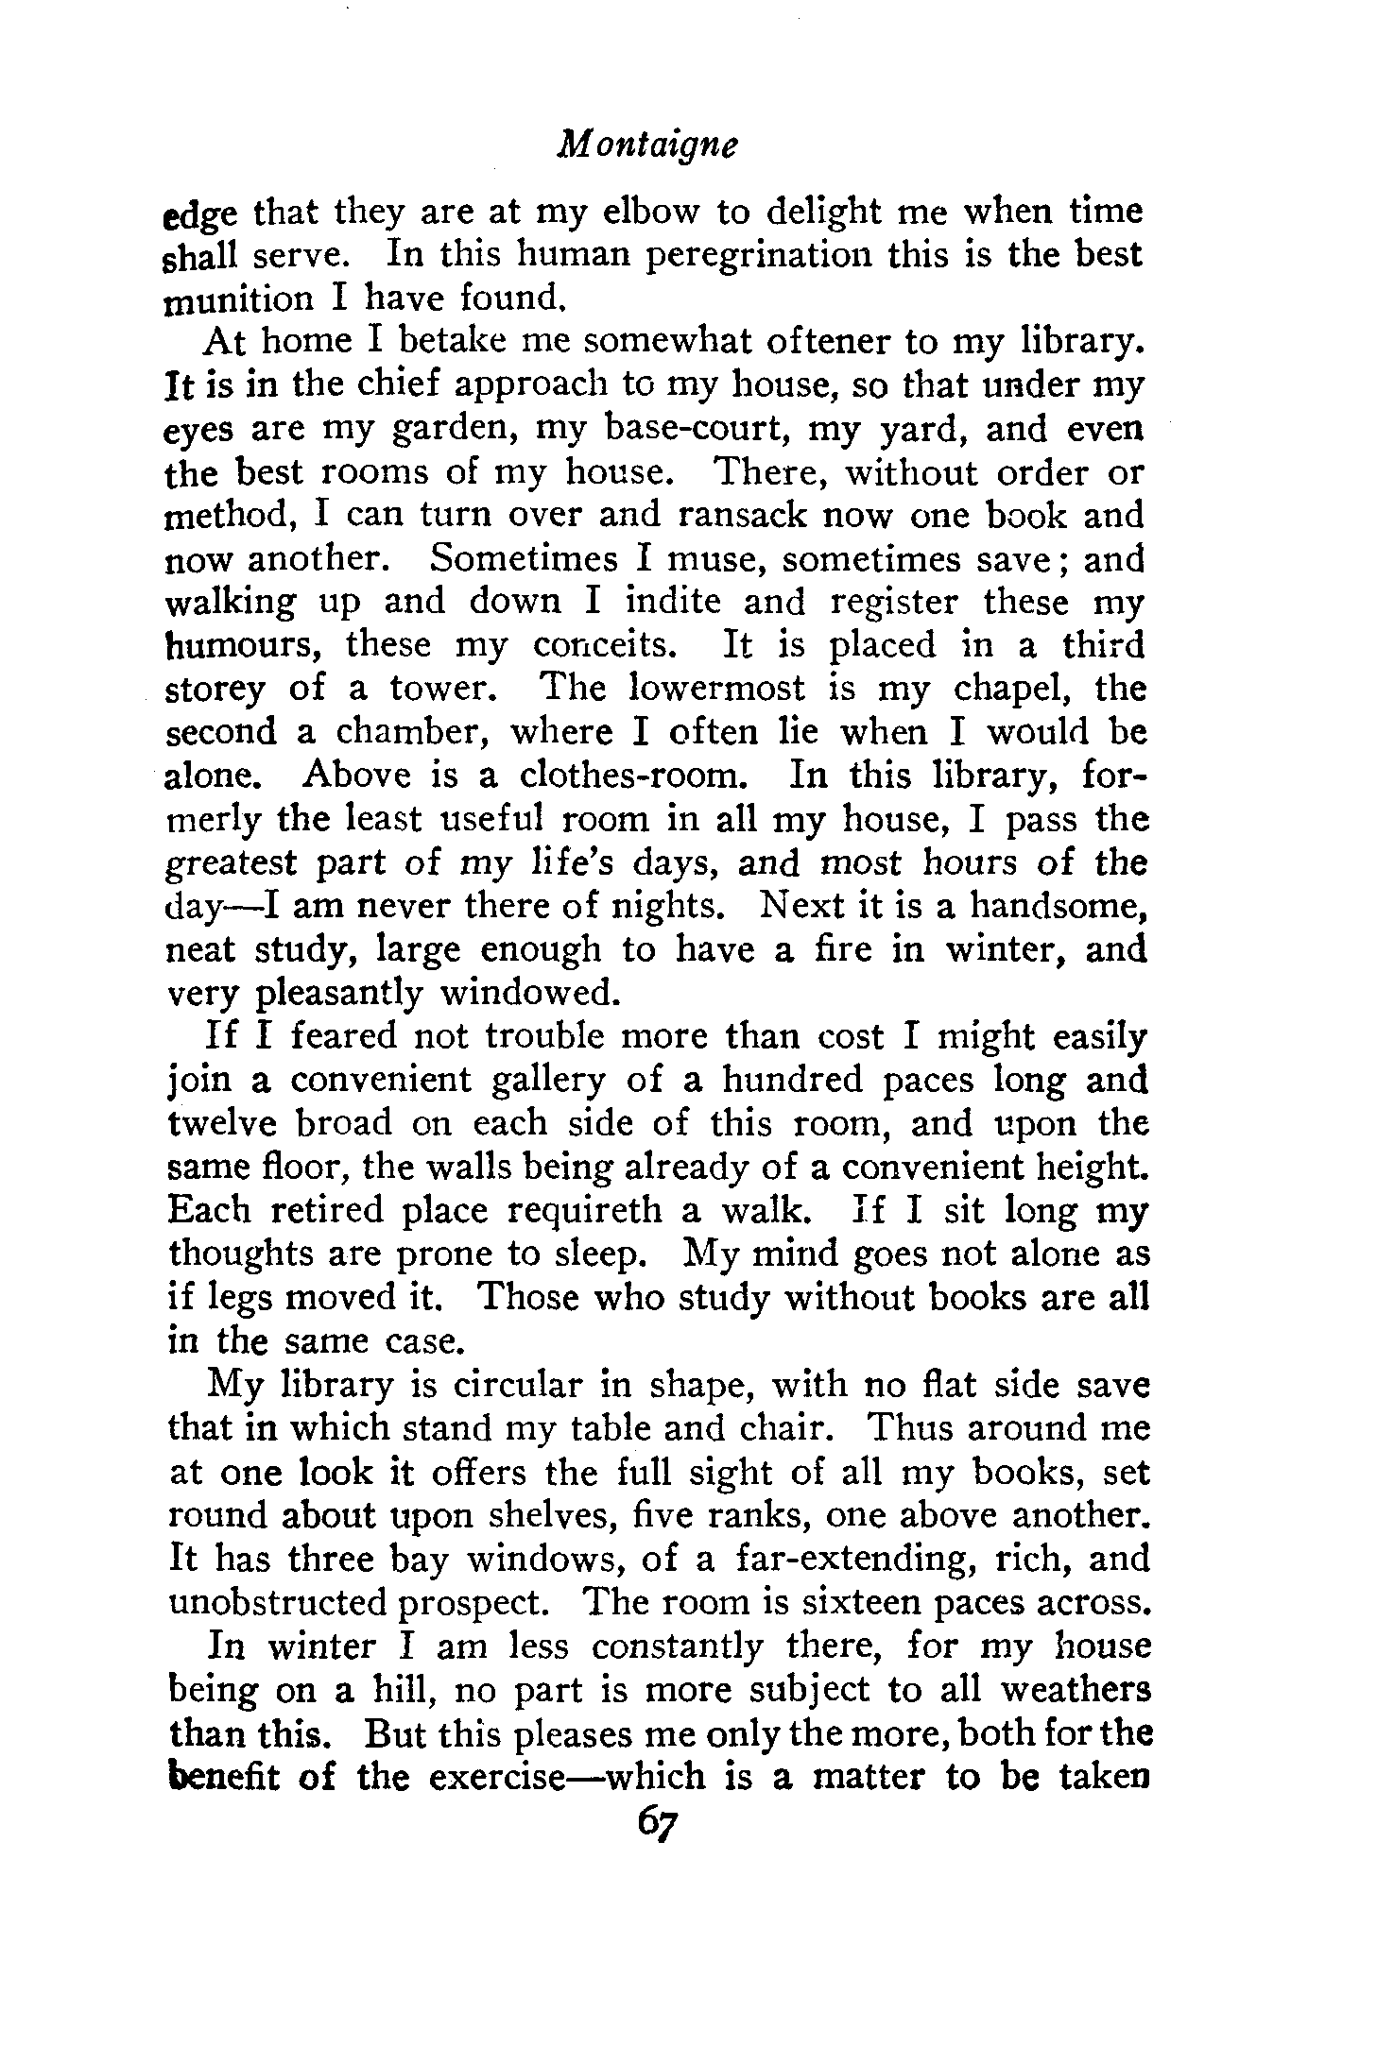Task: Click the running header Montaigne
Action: (x=647, y=145)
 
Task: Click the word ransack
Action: (x=752, y=516)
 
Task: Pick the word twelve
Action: (x=225, y=1123)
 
